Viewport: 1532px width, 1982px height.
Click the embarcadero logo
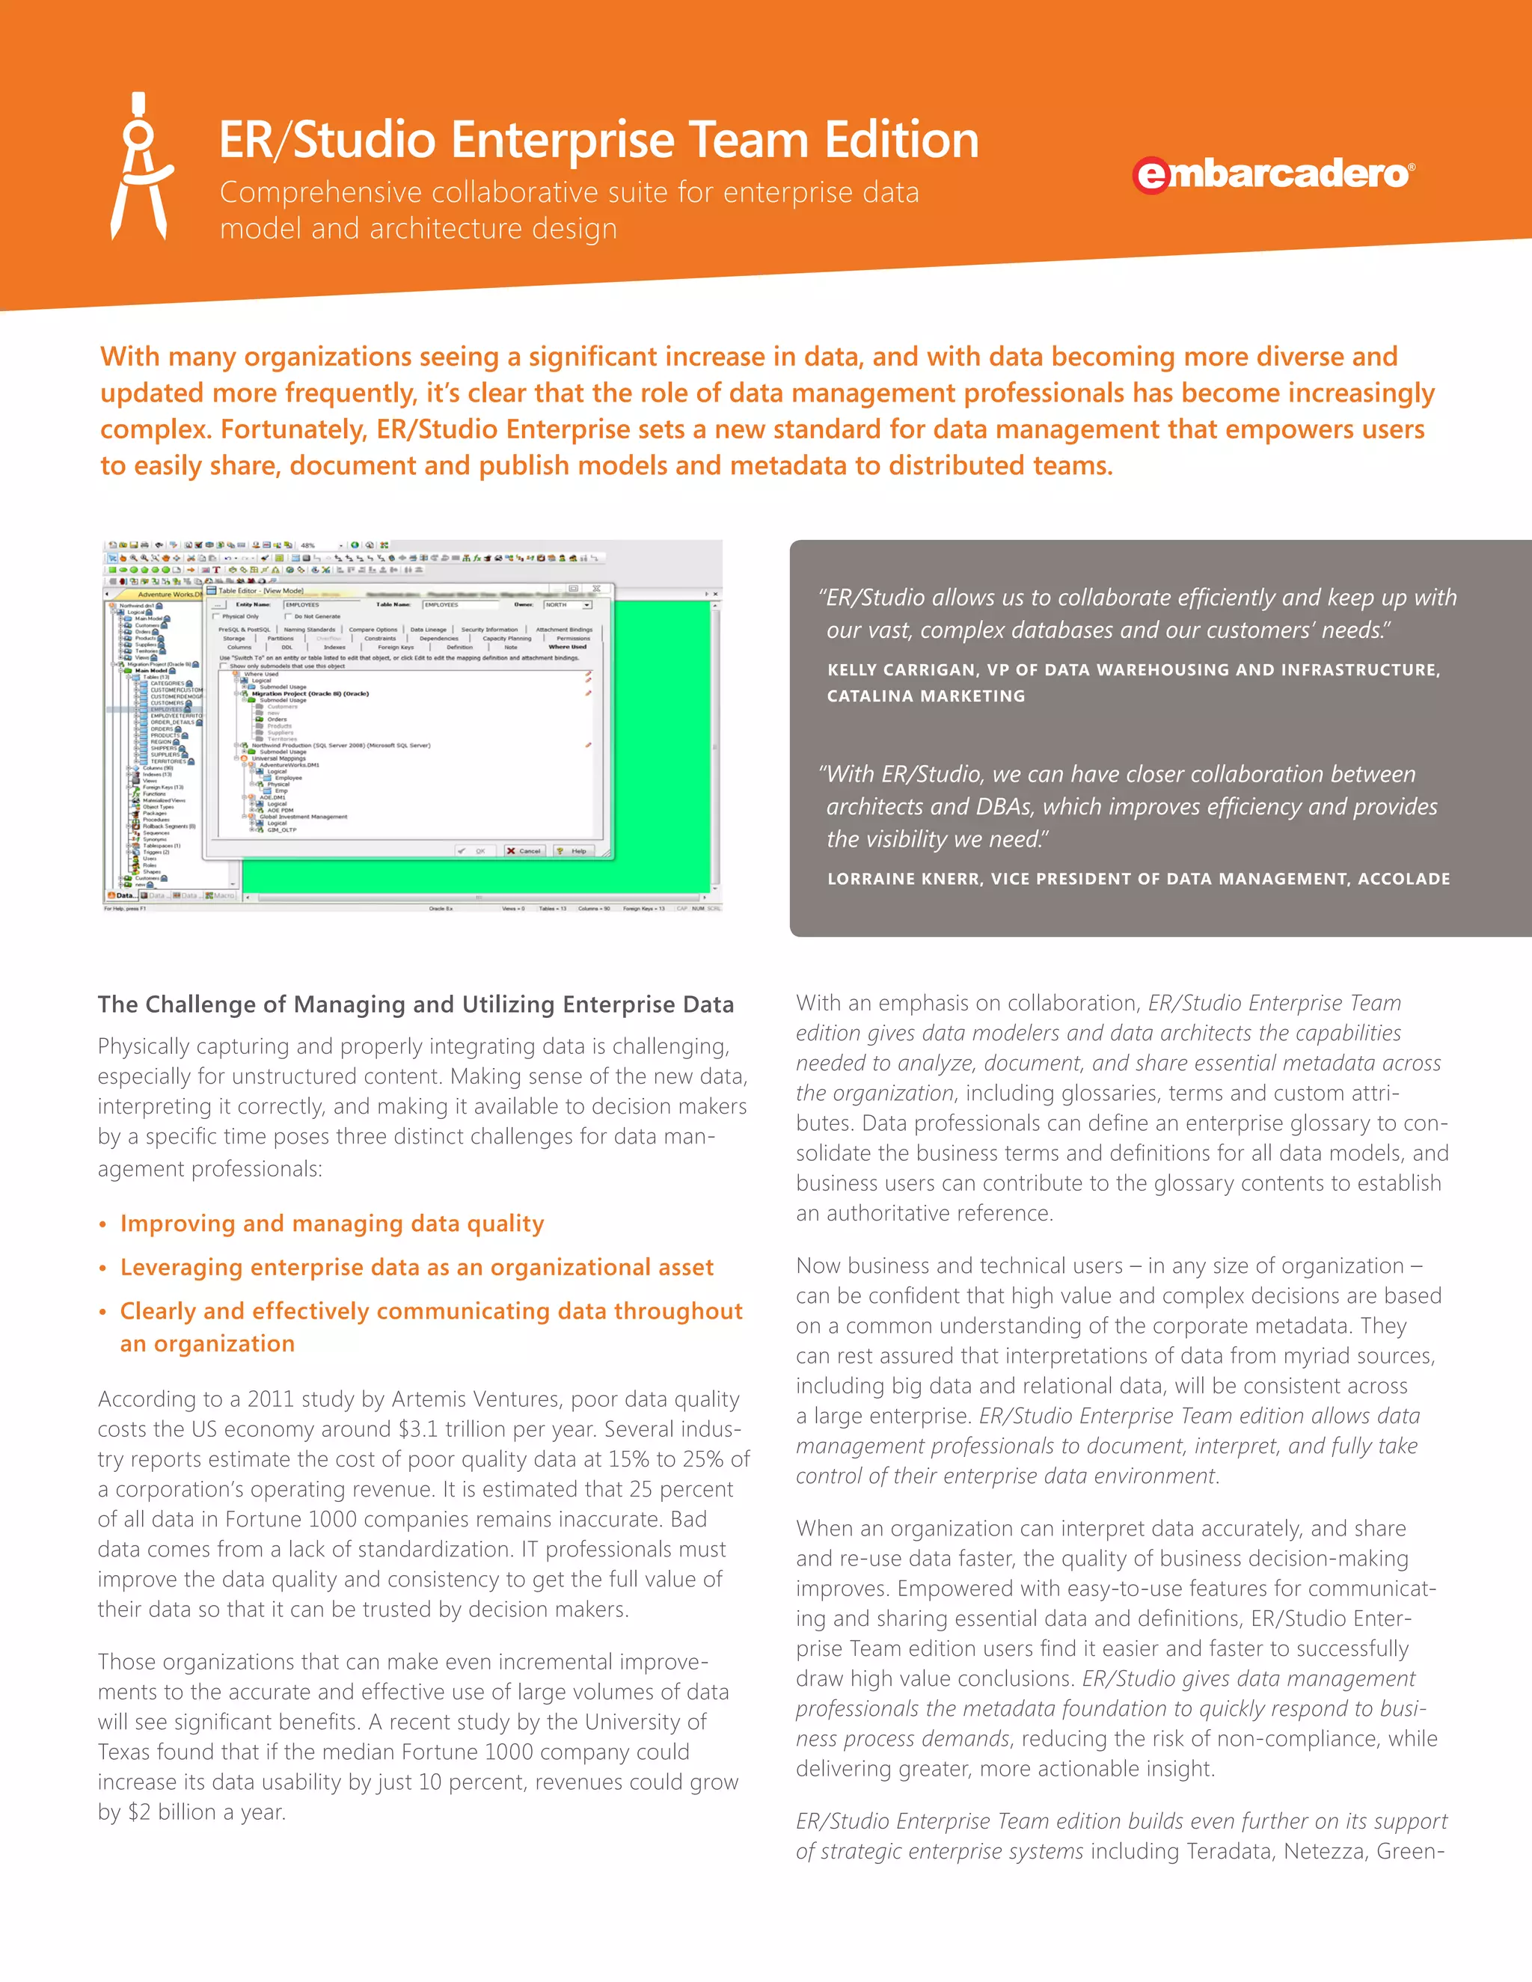[1272, 174]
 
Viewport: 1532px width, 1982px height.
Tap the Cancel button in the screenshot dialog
[524, 850]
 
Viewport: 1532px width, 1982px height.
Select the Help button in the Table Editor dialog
[573, 850]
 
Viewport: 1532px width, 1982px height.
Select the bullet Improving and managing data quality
[332, 1224]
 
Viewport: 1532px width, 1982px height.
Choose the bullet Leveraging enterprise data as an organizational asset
[417, 1267]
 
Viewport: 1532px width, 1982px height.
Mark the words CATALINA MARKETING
[926, 696]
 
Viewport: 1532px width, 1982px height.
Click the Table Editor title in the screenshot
[261, 591]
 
